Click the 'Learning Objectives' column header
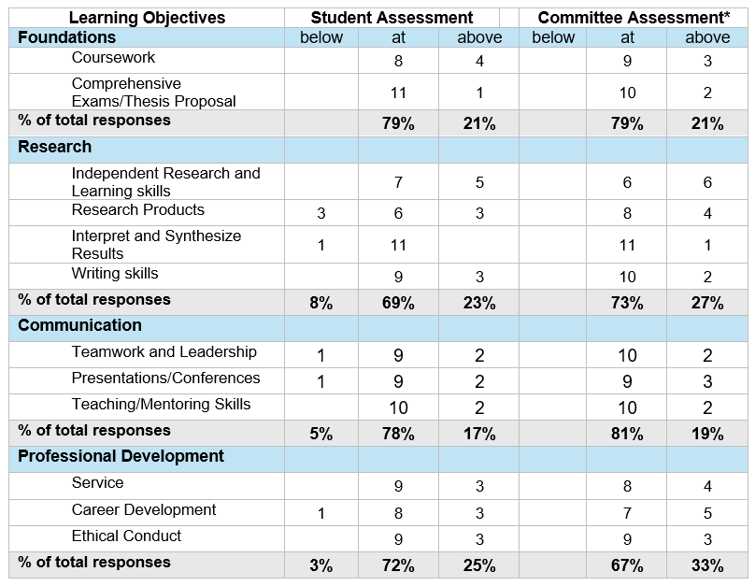click(x=147, y=18)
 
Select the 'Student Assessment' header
click(x=392, y=18)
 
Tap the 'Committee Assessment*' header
click(x=634, y=18)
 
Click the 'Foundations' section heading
click(x=67, y=37)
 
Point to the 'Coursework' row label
click(x=113, y=57)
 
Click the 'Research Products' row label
click(x=137, y=209)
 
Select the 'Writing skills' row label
click(x=115, y=273)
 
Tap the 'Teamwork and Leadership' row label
click(x=164, y=351)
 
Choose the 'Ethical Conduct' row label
click(x=126, y=536)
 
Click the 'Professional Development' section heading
click(x=121, y=456)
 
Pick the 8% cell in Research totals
click(x=321, y=303)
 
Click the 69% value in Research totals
click(x=398, y=303)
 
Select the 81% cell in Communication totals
click(x=627, y=434)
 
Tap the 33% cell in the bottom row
click(x=707, y=565)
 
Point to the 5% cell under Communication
click(x=321, y=434)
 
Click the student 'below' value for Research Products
click(x=321, y=213)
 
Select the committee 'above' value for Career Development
click(x=707, y=513)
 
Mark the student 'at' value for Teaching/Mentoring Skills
click(x=398, y=407)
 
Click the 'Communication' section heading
click(x=80, y=325)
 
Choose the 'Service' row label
click(x=98, y=482)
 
